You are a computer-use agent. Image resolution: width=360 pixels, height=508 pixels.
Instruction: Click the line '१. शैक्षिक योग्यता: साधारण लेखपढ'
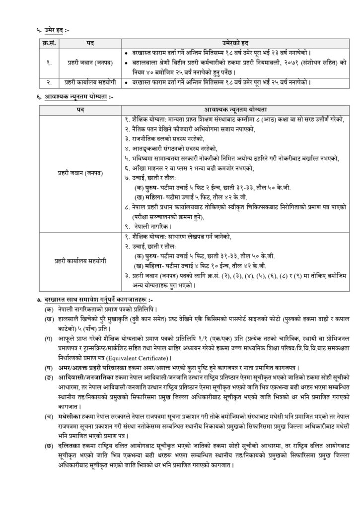181,237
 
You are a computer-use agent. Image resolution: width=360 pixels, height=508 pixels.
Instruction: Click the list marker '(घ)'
49,367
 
